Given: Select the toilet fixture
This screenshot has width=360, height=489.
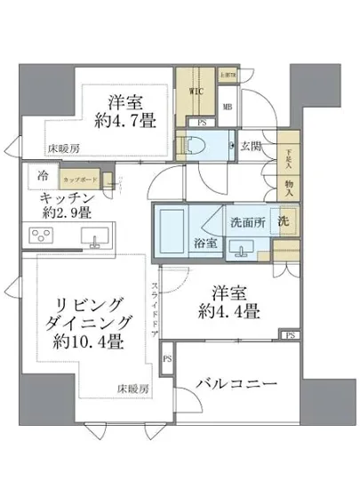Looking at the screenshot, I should point(197,143).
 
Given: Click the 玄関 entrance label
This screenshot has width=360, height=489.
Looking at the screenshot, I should point(251,146).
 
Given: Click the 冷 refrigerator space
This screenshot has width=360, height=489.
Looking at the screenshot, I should point(44,176).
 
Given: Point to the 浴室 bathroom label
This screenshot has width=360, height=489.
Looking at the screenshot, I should point(204,242).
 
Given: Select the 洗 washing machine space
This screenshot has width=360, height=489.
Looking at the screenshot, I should point(282,221).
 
